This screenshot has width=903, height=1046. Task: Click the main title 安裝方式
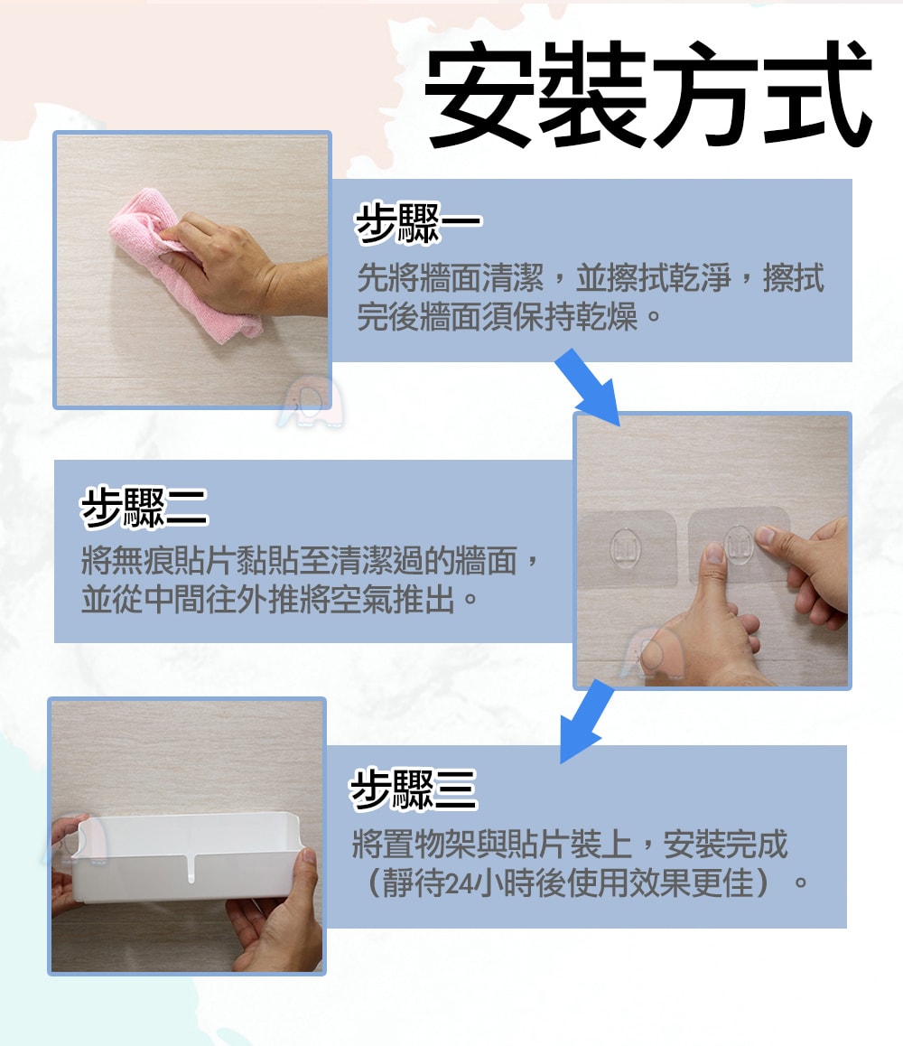pyautogui.click(x=647, y=93)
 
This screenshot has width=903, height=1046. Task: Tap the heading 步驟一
pyautogui.click(x=418, y=223)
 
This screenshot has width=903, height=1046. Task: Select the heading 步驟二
pyautogui.click(x=144, y=508)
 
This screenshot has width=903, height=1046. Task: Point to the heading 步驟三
pyautogui.click(x=414, y=789)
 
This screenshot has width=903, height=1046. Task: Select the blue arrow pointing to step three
pyautogui.click(x=585, y=722)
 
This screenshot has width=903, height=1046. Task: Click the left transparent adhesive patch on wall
pyautogui.click(x=627, y=549)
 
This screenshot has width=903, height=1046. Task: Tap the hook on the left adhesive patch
pyautogui.click(x=625, y=547)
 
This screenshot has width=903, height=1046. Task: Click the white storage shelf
pyautogui.click(x=188, y=856)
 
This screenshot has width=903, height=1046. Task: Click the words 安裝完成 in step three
pyautogui.click(x=726, y=845)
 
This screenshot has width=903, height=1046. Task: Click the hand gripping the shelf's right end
pyautogui.click(x=280, y=914)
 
